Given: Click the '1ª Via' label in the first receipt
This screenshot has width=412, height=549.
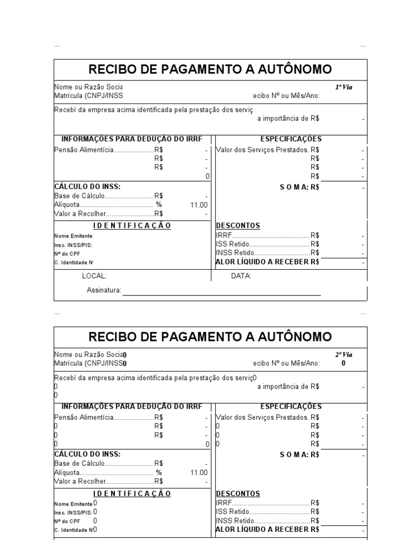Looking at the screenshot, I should [344, 87].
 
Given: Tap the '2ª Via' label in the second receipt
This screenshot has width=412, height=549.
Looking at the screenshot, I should [344, 354].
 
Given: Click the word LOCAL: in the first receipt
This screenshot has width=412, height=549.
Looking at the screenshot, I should [94, 276].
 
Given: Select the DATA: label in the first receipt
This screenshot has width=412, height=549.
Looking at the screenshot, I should [241, 276].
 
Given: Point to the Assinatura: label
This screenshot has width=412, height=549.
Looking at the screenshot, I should [104, 291].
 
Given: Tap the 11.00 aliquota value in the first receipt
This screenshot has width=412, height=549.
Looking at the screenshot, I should [198, 205].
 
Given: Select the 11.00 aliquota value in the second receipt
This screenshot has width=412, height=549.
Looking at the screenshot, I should [198, 472].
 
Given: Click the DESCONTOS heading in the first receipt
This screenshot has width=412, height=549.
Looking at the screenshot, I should [238, 226].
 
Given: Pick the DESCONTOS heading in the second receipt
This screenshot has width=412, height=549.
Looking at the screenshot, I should [238, 493].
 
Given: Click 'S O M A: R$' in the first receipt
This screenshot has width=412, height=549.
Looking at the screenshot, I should [299, 187].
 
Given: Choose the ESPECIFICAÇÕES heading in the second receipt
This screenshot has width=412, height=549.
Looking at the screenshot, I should [291, 407].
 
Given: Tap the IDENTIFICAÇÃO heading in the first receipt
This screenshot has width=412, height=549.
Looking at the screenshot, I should [132, 226].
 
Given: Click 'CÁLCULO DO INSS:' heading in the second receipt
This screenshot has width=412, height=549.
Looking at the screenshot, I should [87, 454].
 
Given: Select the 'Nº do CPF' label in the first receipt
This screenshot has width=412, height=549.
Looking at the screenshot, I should [67, 254].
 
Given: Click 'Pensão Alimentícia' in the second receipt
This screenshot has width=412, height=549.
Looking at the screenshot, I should [84, 418].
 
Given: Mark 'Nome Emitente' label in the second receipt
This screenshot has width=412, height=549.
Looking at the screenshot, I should [73, 504].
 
